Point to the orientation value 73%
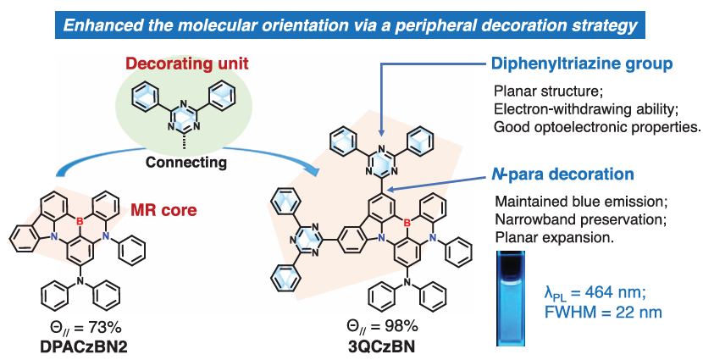(x=94, y=328)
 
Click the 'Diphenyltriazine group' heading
(x=583, y=64)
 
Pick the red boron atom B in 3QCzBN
(x=407, y=223)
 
